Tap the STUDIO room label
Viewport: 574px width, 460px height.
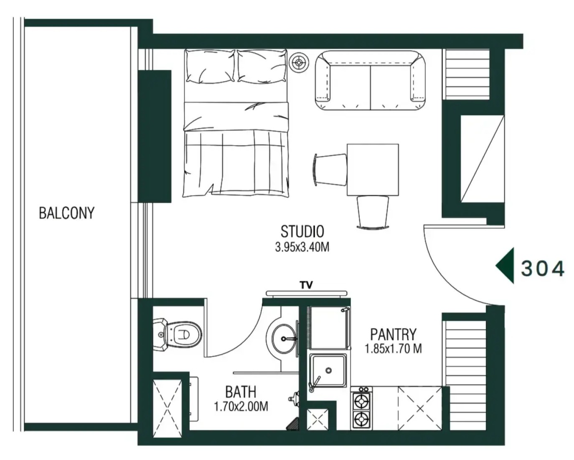[x=302, y=232]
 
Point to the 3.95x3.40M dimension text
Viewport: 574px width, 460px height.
[x=302, y=248]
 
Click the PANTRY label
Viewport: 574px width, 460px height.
[x=394, y=334]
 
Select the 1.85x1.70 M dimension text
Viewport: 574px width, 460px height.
[x=394, y=349]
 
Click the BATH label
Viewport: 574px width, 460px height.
[x=241, y=392]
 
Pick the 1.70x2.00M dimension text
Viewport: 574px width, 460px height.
[x=241, y=406]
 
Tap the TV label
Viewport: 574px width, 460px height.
[x=306, y=285]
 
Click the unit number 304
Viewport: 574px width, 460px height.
[x=543, y=268]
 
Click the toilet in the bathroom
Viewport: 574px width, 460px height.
[x=178, y=335]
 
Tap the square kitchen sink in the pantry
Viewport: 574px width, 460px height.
[x=328, y=371]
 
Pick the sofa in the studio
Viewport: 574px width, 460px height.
[x=370, y=80]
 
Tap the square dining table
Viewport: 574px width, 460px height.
[x=373, y=170]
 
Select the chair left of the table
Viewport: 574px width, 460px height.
[x=330, y=169]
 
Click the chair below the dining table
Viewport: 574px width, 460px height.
[x=373, y=212]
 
